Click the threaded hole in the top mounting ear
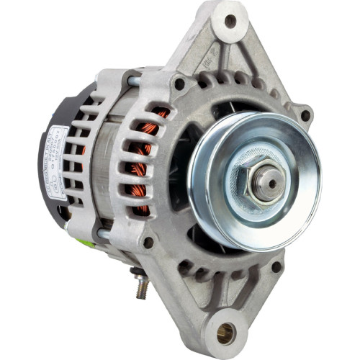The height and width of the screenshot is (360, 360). tap(230, 21)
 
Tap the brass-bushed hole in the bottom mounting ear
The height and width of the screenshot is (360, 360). tap(225, 332)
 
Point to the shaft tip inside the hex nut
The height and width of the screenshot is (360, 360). tap(272, 183)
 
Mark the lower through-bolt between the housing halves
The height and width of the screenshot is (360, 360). tap(104, 233)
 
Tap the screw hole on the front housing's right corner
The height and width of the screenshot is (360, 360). tap(305, 115)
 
